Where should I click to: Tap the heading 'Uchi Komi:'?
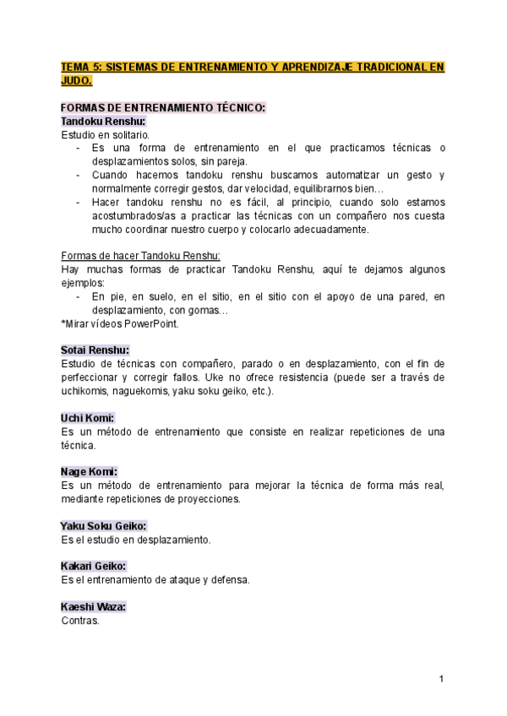[88, 418]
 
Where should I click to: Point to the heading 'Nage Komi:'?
[89, 471]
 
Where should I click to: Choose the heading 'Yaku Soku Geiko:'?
[104, 525]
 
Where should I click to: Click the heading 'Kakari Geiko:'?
[94, 566]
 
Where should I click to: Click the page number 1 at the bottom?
[441, 679]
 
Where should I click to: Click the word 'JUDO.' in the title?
[76, 80]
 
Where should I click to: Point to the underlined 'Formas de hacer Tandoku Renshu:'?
[140, 256]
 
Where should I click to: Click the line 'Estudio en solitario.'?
[106, 134]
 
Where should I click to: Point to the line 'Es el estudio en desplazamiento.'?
[136, 539]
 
